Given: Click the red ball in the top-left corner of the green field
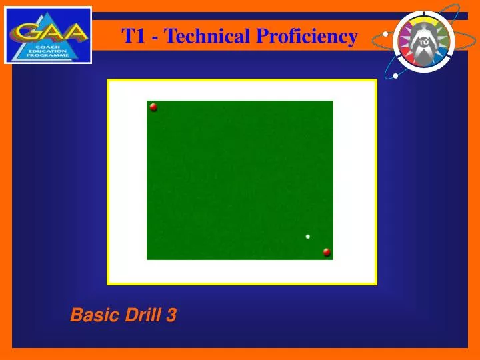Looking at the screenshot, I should pos(153,107).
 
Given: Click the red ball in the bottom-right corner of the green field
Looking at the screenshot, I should pos(327,252).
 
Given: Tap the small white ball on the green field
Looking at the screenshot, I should pos(307,236).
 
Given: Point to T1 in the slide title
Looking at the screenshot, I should pos(133,36).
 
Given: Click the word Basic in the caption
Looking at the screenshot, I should pos(93,315).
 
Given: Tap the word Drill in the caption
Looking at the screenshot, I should pos(141,315).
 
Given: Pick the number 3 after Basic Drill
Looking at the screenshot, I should pos(171,315).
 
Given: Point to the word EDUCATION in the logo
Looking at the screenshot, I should pos(47,51).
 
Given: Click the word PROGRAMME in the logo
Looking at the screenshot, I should pos(47,56).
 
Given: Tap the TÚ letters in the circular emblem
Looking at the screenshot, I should pos(423,41).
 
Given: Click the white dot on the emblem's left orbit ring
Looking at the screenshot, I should pos(385,33).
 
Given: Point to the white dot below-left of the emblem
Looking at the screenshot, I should pos(396,75).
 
